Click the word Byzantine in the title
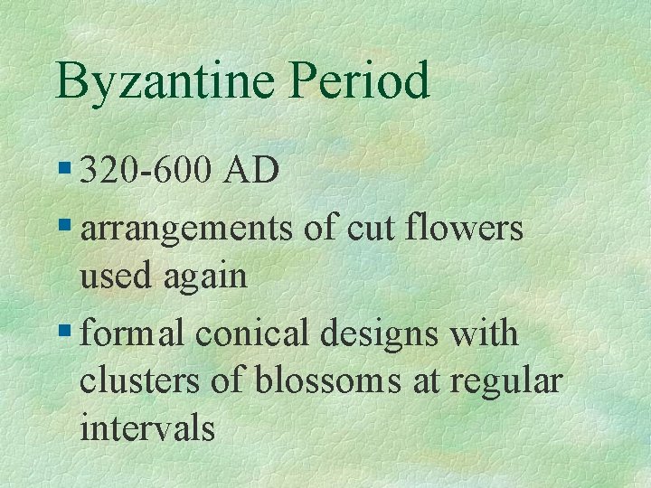163,81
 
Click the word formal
134,333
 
